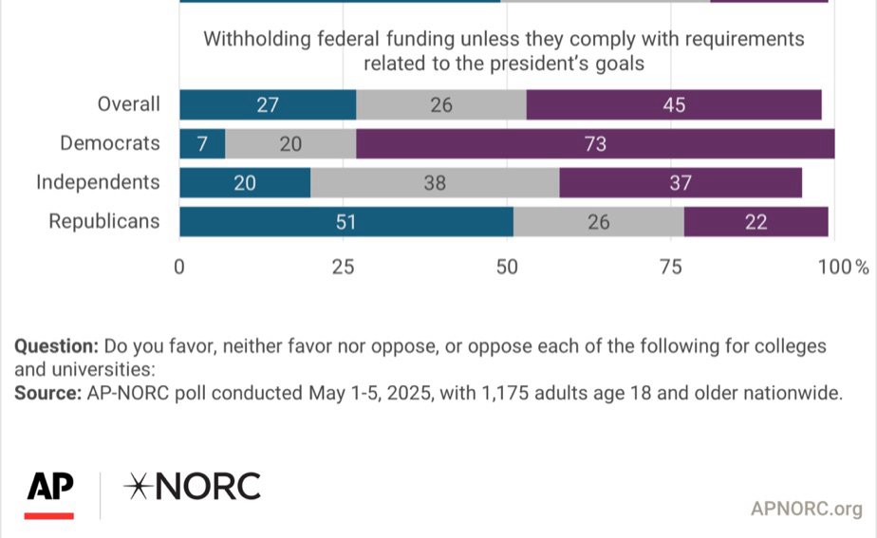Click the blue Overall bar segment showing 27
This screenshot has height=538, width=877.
(x=268, y=104)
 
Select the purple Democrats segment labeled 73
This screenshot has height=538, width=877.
(x=595, y=144)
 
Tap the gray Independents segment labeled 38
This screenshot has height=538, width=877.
(x=435, y=183)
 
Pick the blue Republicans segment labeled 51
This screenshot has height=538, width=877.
(x=346, y=223)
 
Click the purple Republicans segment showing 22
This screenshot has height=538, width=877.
(x=756, y=223)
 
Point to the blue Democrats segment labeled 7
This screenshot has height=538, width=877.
(x=202, y=144)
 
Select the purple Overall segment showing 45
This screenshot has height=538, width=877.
(x=674, y=104)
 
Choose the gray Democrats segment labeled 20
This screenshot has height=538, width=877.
(x=290, y=144)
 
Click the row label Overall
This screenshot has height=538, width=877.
(x=129, y=104)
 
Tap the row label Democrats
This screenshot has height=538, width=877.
(x=110, y=144)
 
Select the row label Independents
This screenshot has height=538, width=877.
(x=99, y=183)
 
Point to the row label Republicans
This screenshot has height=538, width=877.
(x=104, y=223)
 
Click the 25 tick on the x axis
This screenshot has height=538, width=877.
(x=344, y=267)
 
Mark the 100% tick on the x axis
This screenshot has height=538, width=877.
(x=844, y=267)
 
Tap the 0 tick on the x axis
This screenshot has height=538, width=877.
(x=179, y=267)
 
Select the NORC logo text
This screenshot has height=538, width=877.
(x=193, y=487)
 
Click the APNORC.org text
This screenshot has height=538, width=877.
(x=806, y=510)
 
